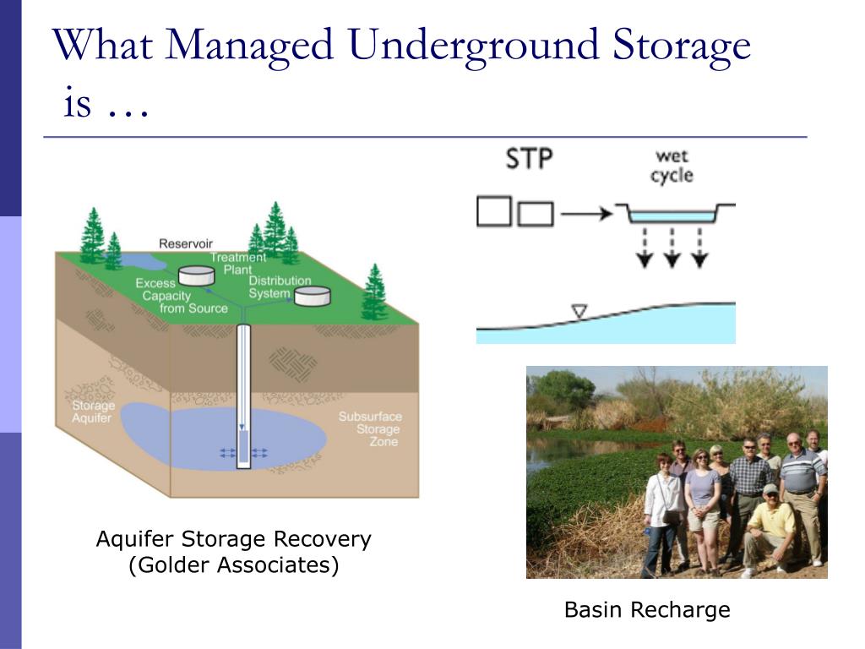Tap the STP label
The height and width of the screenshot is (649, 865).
click(529, 159)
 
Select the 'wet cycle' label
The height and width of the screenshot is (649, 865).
click(672, 166)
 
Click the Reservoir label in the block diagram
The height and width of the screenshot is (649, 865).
click(185, 243)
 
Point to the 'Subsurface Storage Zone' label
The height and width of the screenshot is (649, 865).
click(371, 428)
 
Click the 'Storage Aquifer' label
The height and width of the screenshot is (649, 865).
click(93, 412)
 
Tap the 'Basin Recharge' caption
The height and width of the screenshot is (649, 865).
click(647, 610)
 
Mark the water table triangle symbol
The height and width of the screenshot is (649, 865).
click(579, 311)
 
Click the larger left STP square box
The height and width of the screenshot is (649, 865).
click(493, 211)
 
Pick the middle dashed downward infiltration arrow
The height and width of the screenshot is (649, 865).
click(672, 248)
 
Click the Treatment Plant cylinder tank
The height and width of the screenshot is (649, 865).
click(196, 275)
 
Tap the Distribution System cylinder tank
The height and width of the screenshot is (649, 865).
click(313, 296)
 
